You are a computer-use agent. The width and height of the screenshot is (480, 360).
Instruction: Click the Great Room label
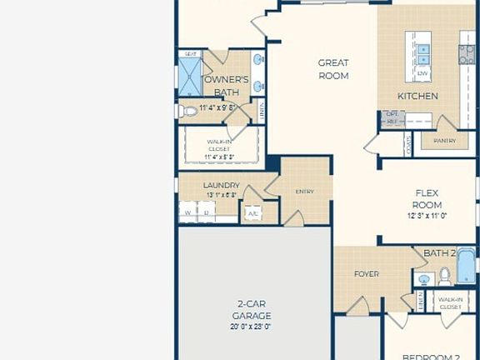tap(333, 69)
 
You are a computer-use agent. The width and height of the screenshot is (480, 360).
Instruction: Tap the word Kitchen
tap(417, 96)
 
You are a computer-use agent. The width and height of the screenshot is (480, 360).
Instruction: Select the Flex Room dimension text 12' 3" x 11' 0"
tap(428, 216)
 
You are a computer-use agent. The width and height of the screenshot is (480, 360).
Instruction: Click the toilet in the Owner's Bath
tap(187, 111)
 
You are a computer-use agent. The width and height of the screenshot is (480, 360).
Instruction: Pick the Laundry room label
tap(222, 185)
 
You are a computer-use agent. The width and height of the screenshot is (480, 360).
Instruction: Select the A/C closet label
tap(252, 214)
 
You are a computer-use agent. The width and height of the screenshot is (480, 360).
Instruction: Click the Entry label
tap(304, 192)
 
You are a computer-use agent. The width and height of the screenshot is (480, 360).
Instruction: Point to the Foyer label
tap(367, 274)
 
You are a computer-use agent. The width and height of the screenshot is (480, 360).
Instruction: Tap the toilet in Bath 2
tap(445, 275)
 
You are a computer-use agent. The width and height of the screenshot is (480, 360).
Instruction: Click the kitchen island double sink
tap(423, 53)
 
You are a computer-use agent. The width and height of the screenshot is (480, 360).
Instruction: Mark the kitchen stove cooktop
tap(467, 54)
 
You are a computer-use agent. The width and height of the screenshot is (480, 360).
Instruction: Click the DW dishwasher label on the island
tap(422, 74)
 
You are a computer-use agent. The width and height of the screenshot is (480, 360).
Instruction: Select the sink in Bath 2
tap(423, 279)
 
